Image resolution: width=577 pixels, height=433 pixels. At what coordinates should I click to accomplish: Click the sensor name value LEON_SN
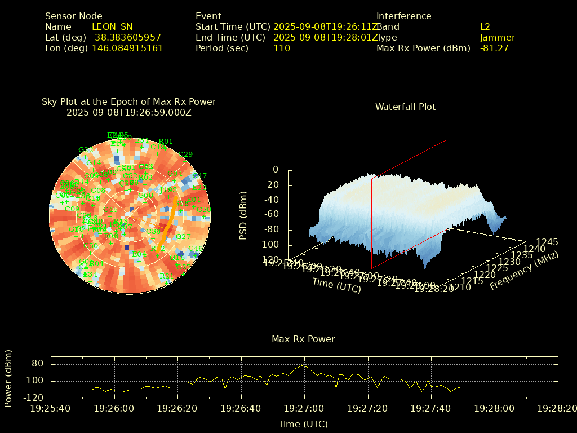pos(112,26)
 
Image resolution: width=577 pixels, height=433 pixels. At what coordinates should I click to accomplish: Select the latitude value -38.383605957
pos(126,37)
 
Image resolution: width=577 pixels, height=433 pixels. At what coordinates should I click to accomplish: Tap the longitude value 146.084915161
pos(127,48)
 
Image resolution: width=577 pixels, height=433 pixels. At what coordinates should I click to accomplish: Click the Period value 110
pos(281,48)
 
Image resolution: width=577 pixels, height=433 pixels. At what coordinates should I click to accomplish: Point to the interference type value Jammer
pos(498,37)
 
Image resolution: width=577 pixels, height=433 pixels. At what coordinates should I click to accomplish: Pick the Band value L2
pos(485,26)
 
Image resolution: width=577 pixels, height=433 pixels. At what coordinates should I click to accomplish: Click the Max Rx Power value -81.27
pos(494,48)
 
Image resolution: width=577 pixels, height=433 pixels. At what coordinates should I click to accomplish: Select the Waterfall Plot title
pos(405,107)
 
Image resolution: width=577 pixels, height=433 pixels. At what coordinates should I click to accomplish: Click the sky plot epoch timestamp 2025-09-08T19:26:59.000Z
pos(129,112)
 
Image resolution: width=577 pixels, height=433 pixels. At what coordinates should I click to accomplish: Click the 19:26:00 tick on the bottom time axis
pos(114,408)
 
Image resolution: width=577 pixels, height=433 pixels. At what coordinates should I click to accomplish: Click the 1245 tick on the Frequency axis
pos(547,242)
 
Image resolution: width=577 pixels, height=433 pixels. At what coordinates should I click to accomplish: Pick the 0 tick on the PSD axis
pos(276,169)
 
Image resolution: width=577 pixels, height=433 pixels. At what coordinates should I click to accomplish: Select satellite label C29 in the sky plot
pos(185,154)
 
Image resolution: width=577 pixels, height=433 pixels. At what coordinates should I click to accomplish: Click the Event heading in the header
pos(208,16)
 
